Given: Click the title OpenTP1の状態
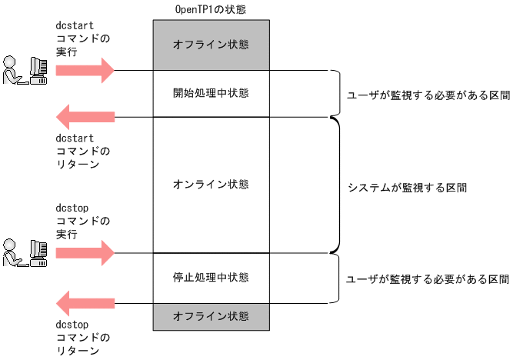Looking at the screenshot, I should coord(211,8).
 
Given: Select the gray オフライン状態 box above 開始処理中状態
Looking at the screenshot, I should coord(211,44).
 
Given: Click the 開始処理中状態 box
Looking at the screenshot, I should coord(211,93).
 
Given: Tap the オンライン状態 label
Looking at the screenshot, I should coord(211,185).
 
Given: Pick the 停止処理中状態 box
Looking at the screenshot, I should coord(211,276).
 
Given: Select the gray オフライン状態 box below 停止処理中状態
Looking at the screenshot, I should coord(211,316).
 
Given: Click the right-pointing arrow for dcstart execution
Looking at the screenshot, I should coord(85,71).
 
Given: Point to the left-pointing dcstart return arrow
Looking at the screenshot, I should coord(85,117).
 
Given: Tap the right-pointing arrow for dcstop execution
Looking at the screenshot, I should coord(85,252).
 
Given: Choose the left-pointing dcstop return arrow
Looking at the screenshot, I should coord(85,302).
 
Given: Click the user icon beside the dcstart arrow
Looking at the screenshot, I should coord(24,70).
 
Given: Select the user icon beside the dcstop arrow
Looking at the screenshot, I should coord(24,252).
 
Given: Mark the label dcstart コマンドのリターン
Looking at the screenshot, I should coord(83,151).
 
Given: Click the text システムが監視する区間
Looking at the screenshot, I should coord(407,187).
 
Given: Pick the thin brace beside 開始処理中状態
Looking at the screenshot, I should coord(335,94).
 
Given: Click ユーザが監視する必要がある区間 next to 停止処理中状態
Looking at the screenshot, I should coord(428,278).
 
